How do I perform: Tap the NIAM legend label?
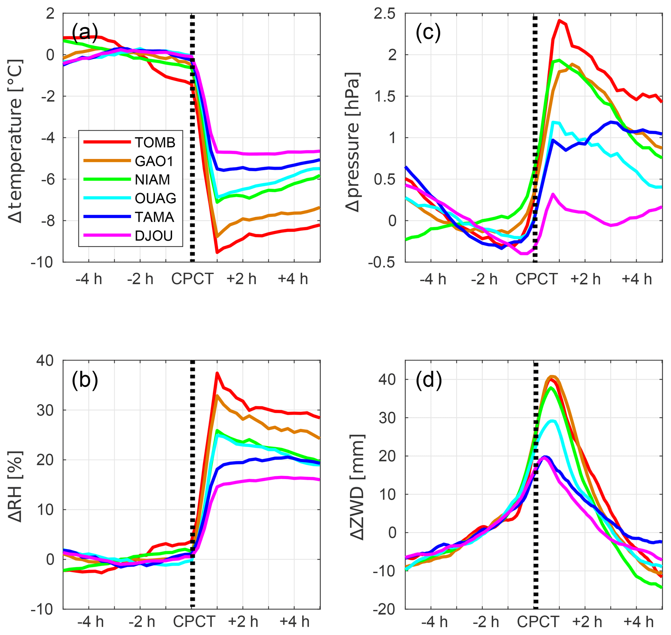[152, 180]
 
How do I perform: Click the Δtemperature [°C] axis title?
[16, 141]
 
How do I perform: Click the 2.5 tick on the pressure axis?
[384, 14]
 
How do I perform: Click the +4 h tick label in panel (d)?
[639, 622]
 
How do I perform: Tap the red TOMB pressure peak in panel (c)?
[559, 21]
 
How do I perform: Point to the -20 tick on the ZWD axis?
[384, 610]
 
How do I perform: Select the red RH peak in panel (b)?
[217, 373]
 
